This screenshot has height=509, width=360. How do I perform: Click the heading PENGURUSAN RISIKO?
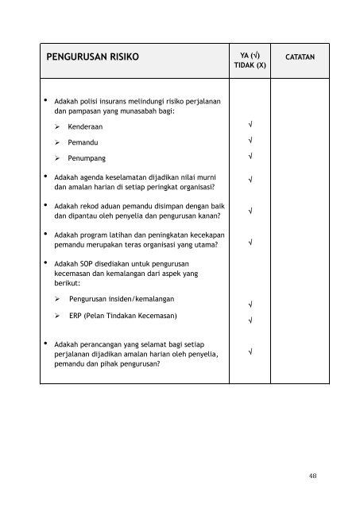point(93,58)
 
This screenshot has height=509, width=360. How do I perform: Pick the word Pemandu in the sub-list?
point(84,142)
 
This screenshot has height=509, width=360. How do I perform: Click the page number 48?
point(315,477)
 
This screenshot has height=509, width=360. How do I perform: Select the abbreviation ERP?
point(75,315)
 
